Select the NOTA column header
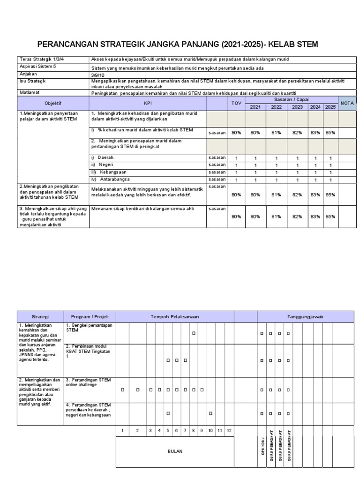[347, 103]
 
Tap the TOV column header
[236, 103]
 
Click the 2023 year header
[297, 107]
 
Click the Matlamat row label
[29, 93]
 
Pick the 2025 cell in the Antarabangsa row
[330, 180]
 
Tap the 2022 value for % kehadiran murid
[276, 133]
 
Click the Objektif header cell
[53, 103]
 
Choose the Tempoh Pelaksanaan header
[175, 317]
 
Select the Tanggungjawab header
[305, 317]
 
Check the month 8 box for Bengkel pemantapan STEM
[193, 333]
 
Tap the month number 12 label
[229, 430]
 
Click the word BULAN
[175, 451]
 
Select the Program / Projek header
[90, 317]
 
